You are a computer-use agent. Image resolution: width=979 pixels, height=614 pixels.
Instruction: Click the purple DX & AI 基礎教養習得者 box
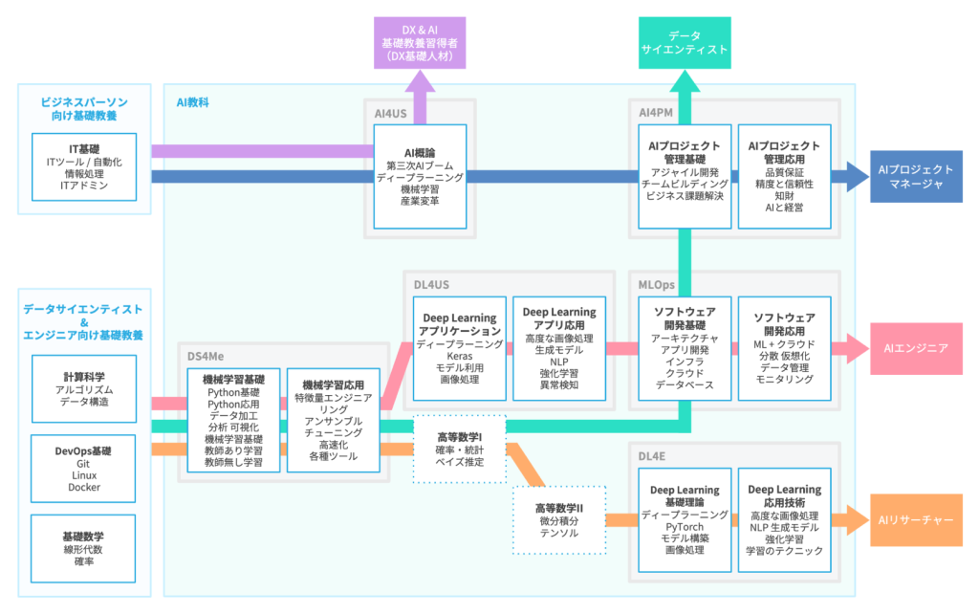click(420, 42)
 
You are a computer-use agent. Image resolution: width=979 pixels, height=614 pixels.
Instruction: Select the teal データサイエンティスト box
click(685, 42)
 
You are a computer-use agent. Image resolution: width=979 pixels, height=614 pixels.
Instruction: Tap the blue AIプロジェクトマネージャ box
click(916, 176)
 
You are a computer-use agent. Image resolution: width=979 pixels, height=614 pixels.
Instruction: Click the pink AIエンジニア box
click(916, 348)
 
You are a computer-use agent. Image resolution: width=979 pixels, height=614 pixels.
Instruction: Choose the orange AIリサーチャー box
click(916, 520)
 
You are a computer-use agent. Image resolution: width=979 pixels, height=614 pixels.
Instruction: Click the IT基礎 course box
click(84, 166)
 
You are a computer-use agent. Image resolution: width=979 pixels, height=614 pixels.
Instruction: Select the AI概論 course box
click(420, 177)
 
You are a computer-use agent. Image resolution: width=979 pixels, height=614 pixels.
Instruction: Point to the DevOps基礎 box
click(84, 469)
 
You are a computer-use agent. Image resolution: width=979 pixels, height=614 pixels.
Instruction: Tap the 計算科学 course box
click(84, 389)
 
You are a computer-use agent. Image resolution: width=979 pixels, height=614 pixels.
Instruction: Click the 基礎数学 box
click(84, 548)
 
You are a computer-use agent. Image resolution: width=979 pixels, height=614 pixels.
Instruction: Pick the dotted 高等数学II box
click(559, 520)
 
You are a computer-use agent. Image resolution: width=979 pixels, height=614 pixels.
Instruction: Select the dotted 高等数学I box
click(460, 450)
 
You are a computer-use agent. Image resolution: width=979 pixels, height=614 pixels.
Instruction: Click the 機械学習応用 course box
click(334, 420)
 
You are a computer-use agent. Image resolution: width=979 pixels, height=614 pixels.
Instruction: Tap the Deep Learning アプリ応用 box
click(559, 348)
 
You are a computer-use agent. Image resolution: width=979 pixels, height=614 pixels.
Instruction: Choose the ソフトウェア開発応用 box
click(784, 348)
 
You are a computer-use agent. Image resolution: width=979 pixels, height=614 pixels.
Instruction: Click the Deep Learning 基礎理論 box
click(685, 520)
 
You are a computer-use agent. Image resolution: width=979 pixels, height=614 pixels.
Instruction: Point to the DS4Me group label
click(206, 357)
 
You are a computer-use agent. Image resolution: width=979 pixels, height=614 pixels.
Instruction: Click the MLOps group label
click(656, 285)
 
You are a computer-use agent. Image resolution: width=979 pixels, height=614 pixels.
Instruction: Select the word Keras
click(460, 356)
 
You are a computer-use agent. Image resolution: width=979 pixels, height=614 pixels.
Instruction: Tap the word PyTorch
click(685, 527)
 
